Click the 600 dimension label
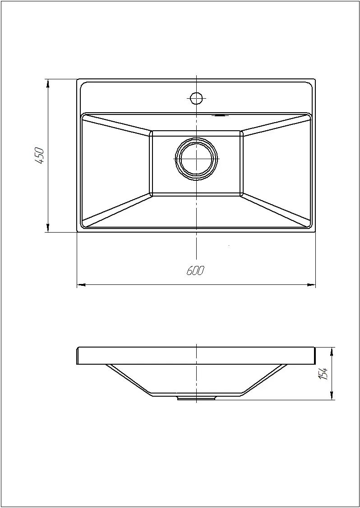[195, 270]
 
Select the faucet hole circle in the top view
[196, 98]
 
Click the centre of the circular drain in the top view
[196, 159]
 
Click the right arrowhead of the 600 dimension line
[311, 285]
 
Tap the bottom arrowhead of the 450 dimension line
[48, 228]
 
